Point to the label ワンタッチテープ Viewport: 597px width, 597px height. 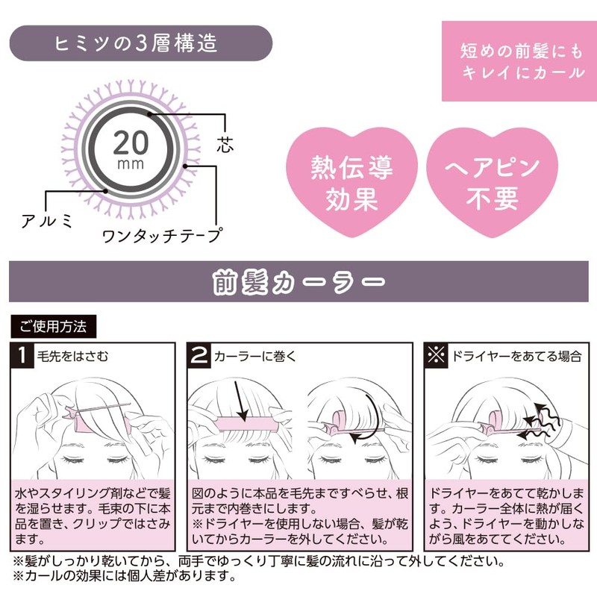tap(162, 237)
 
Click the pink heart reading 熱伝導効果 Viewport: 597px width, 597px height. tap(346, 182)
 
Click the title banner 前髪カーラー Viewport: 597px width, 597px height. tap(298, 283)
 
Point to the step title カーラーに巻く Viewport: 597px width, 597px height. tap(255, 357)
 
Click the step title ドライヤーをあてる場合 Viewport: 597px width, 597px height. tap(516, 357)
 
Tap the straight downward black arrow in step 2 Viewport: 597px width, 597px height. tap(243, 404)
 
